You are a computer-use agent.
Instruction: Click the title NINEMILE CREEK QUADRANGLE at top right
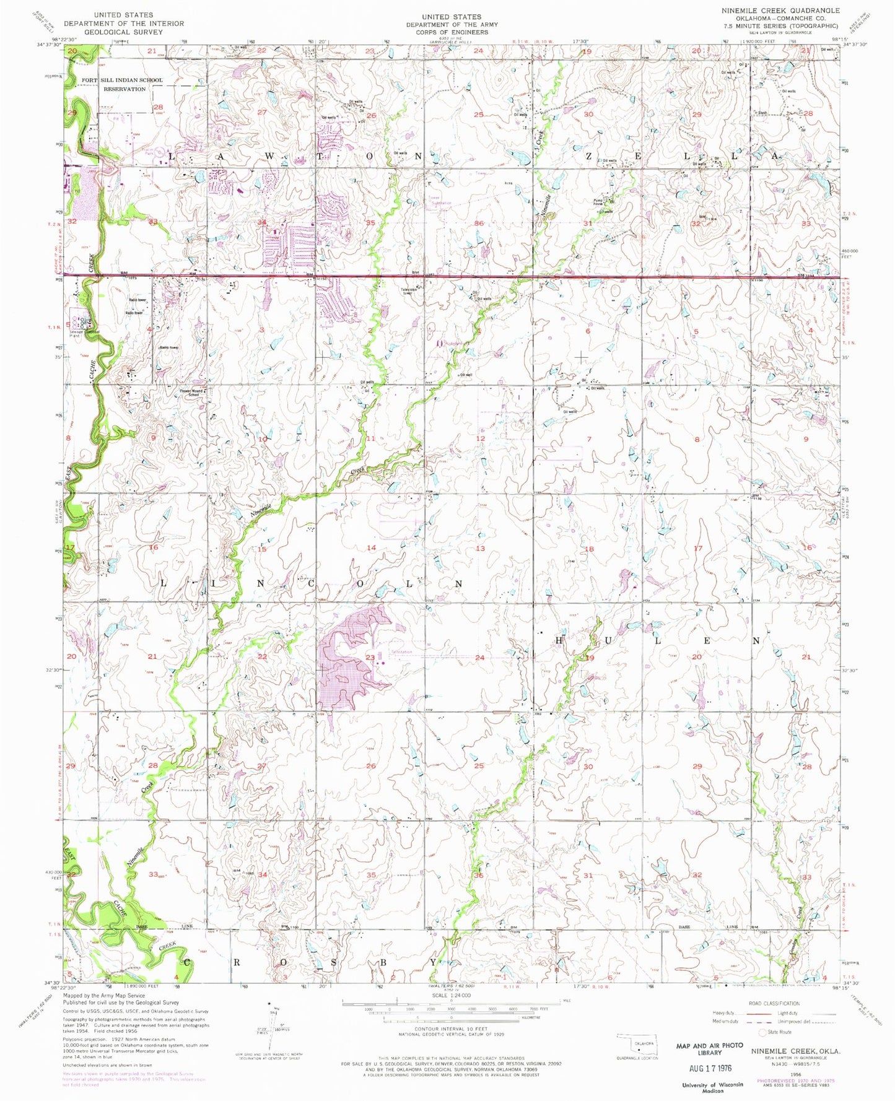pos(780,11)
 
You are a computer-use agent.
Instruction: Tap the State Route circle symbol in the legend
pos(762,1032)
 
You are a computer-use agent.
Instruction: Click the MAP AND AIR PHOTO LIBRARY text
pos(709,1048)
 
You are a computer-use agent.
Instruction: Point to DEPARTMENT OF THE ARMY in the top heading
pos(452,25)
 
